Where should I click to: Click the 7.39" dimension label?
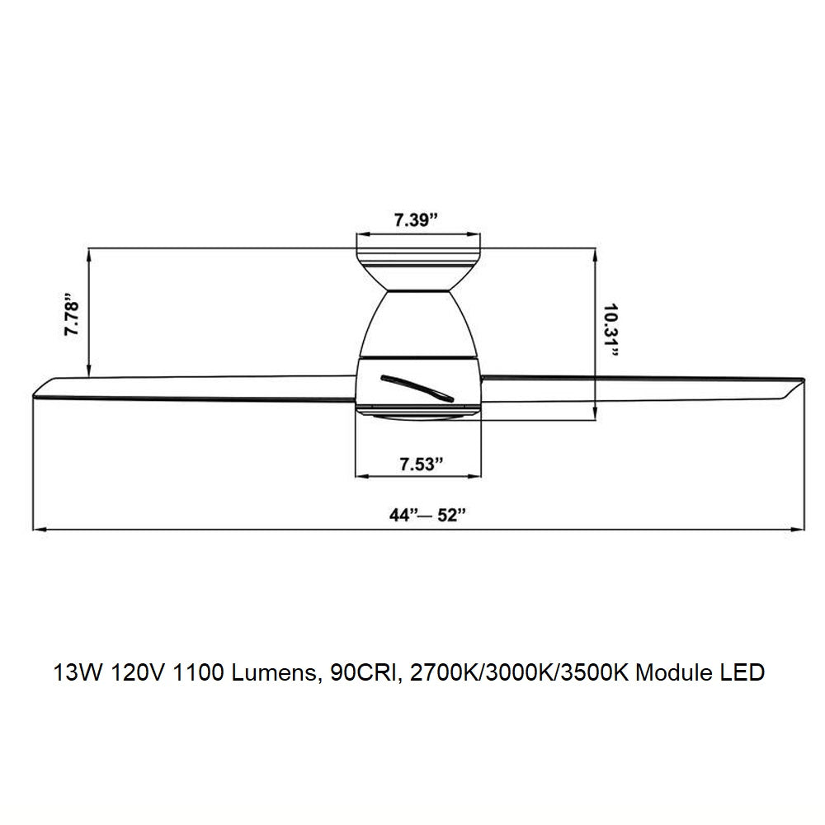[416, 220]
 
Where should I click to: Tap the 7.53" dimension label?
[421, 464]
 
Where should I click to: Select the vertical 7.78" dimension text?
[72, 318]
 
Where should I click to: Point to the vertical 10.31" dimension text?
[610, 331]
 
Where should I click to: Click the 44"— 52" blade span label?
[427, 515]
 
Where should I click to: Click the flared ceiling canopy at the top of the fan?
[419, 268]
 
